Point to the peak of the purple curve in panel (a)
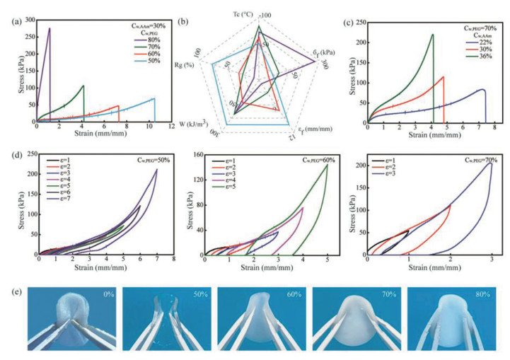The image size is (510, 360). pyautogui.click(x=50, y=29)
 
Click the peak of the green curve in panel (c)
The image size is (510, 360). pyautogui.click(x=432, y=34)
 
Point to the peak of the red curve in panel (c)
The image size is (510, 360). pyautogui.click(x=444, y=77)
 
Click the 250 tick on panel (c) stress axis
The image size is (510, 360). pyautogui.click(x=359, y=22)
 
